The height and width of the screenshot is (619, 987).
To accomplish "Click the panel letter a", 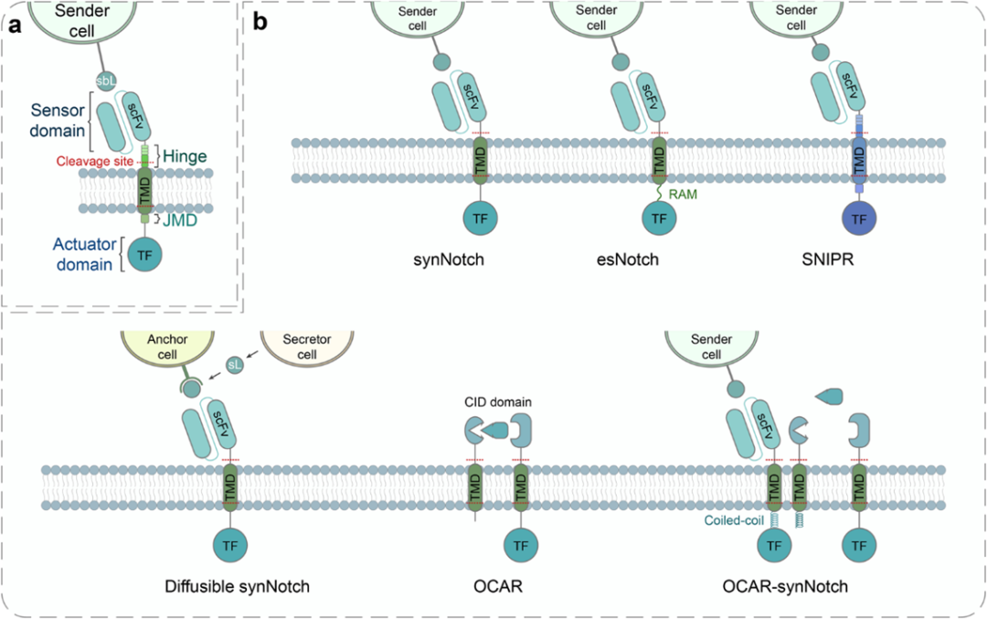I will pyautogui.click(x=15, y=25).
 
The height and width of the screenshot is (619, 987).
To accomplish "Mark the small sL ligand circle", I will pyautogui.click(x=234, y=365).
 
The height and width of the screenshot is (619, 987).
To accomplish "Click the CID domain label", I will pyautogui.click(x=497, y=402).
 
